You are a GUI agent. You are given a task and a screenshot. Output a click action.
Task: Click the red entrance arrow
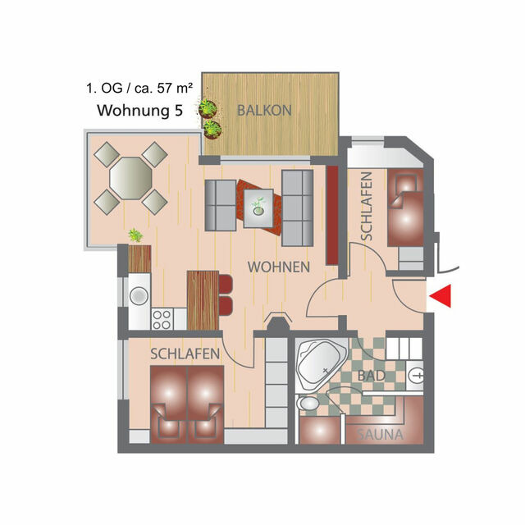441,297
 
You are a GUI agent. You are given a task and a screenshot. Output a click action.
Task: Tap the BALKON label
263,109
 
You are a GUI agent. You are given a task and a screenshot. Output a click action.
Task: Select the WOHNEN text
279,267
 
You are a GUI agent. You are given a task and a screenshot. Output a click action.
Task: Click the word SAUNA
378,435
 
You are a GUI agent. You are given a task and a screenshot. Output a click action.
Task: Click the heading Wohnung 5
140,111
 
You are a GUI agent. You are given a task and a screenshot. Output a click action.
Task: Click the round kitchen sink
139,293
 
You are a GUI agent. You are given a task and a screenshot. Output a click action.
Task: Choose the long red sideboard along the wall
332,215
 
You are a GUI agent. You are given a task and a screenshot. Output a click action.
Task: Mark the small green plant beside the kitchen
135,235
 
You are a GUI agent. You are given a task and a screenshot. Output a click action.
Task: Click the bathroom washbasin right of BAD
417,377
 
